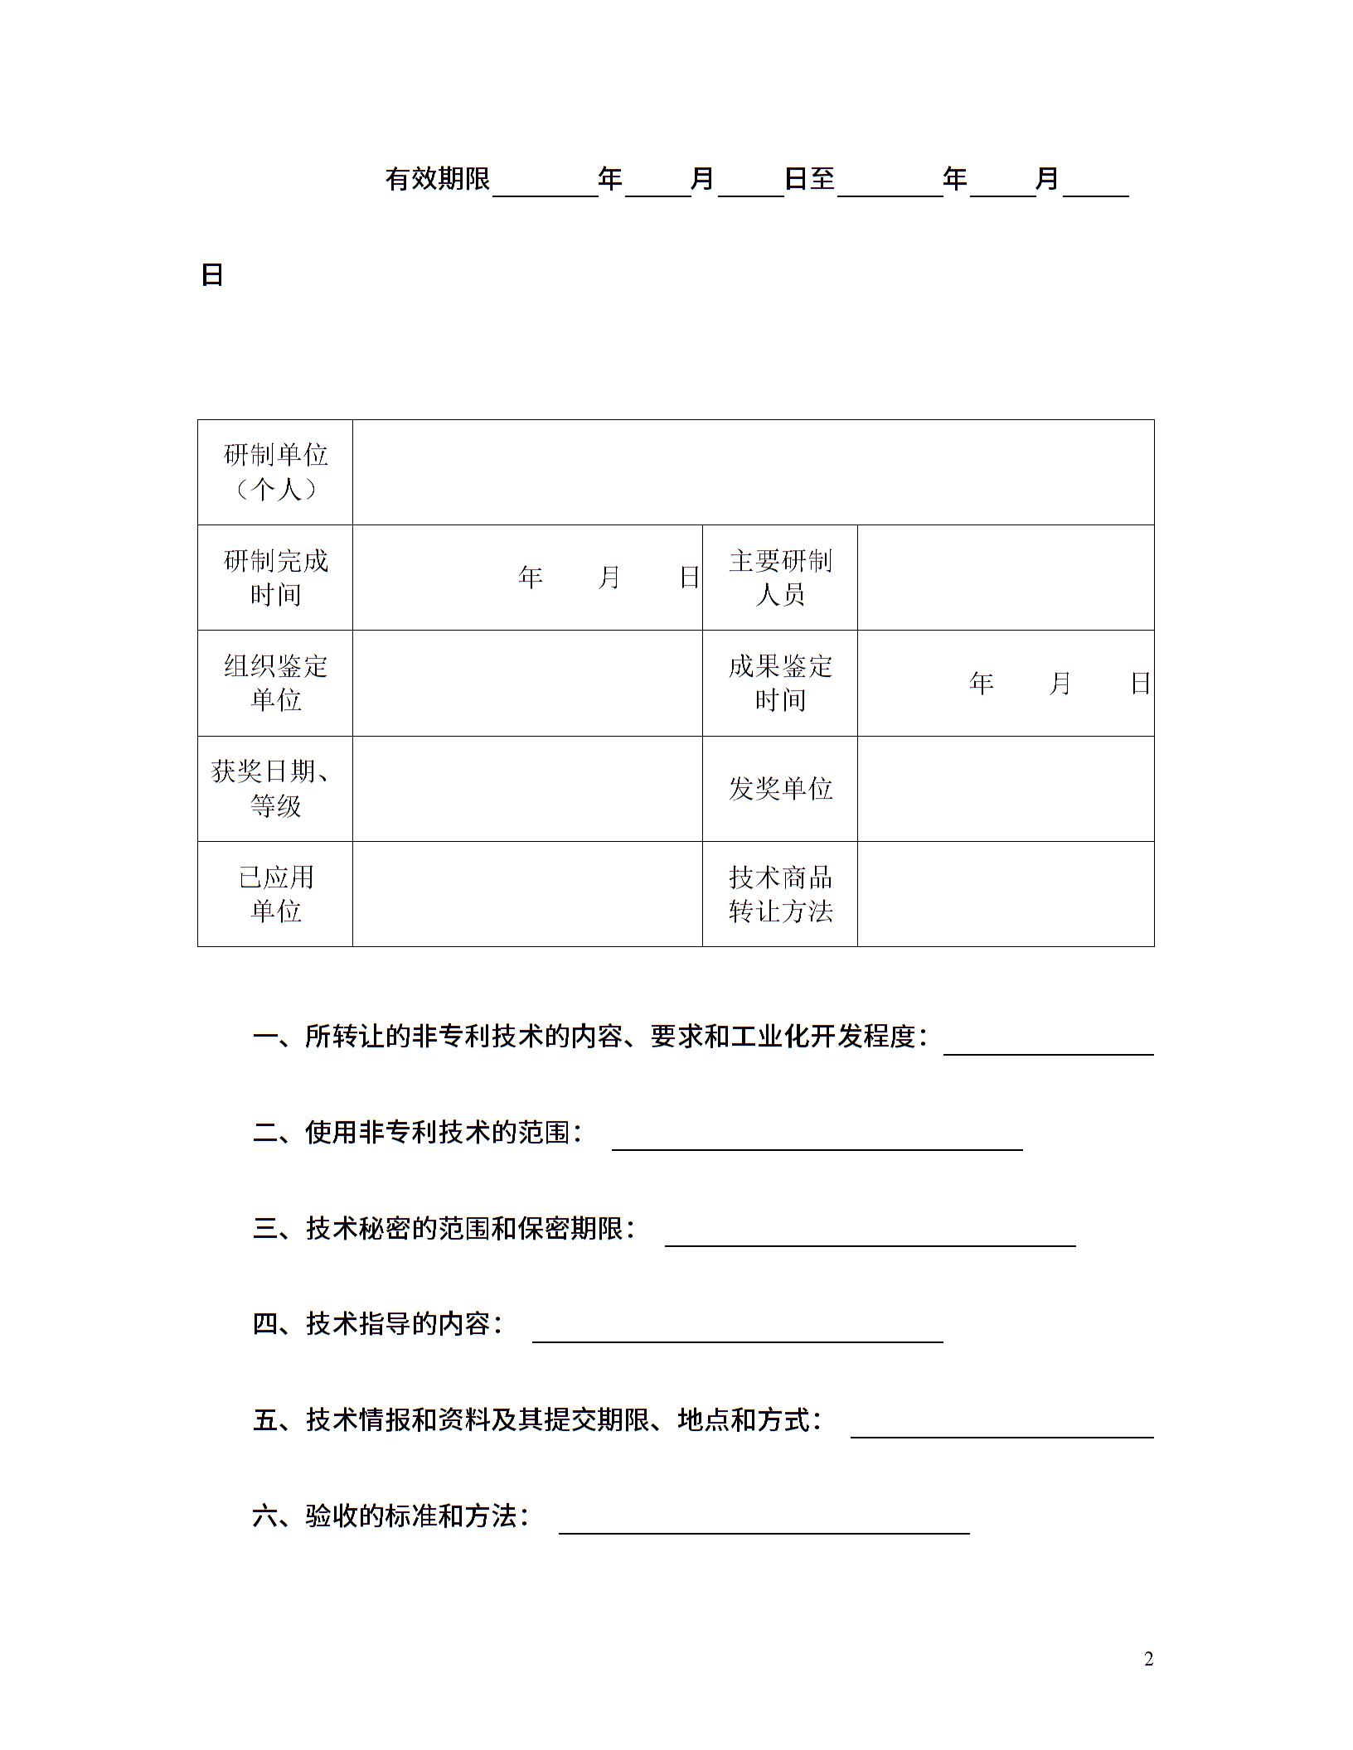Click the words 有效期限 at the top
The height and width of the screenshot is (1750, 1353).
tap(438, 179)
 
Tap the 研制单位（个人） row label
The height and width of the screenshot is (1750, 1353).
tap(275, 472)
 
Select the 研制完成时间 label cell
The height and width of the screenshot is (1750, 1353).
tap(275, 578)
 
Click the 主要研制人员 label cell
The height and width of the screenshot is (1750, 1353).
tap(779, 578)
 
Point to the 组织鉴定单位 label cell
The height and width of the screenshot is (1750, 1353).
tap(275, 683)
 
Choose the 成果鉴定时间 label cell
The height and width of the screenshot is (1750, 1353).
tap(779, 683)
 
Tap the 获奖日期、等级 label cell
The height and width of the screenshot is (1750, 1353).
tap(275, 788)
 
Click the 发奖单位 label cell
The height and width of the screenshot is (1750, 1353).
tap(779, 788)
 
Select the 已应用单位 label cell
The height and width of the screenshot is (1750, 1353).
tap(275, 893)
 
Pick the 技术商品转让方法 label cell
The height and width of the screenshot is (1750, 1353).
tap(779, 893)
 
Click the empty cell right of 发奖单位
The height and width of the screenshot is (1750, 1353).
tap(1005, 788)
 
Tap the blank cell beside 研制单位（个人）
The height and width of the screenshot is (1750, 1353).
tap(753, 472)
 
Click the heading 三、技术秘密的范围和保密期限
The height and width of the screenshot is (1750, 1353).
tap(444, 1228)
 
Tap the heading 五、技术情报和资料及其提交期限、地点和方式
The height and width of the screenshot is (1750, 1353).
tap(537, 1420)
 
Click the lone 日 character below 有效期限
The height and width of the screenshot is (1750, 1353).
tap(212, 275)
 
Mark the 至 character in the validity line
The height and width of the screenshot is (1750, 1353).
tap(822, 179)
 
